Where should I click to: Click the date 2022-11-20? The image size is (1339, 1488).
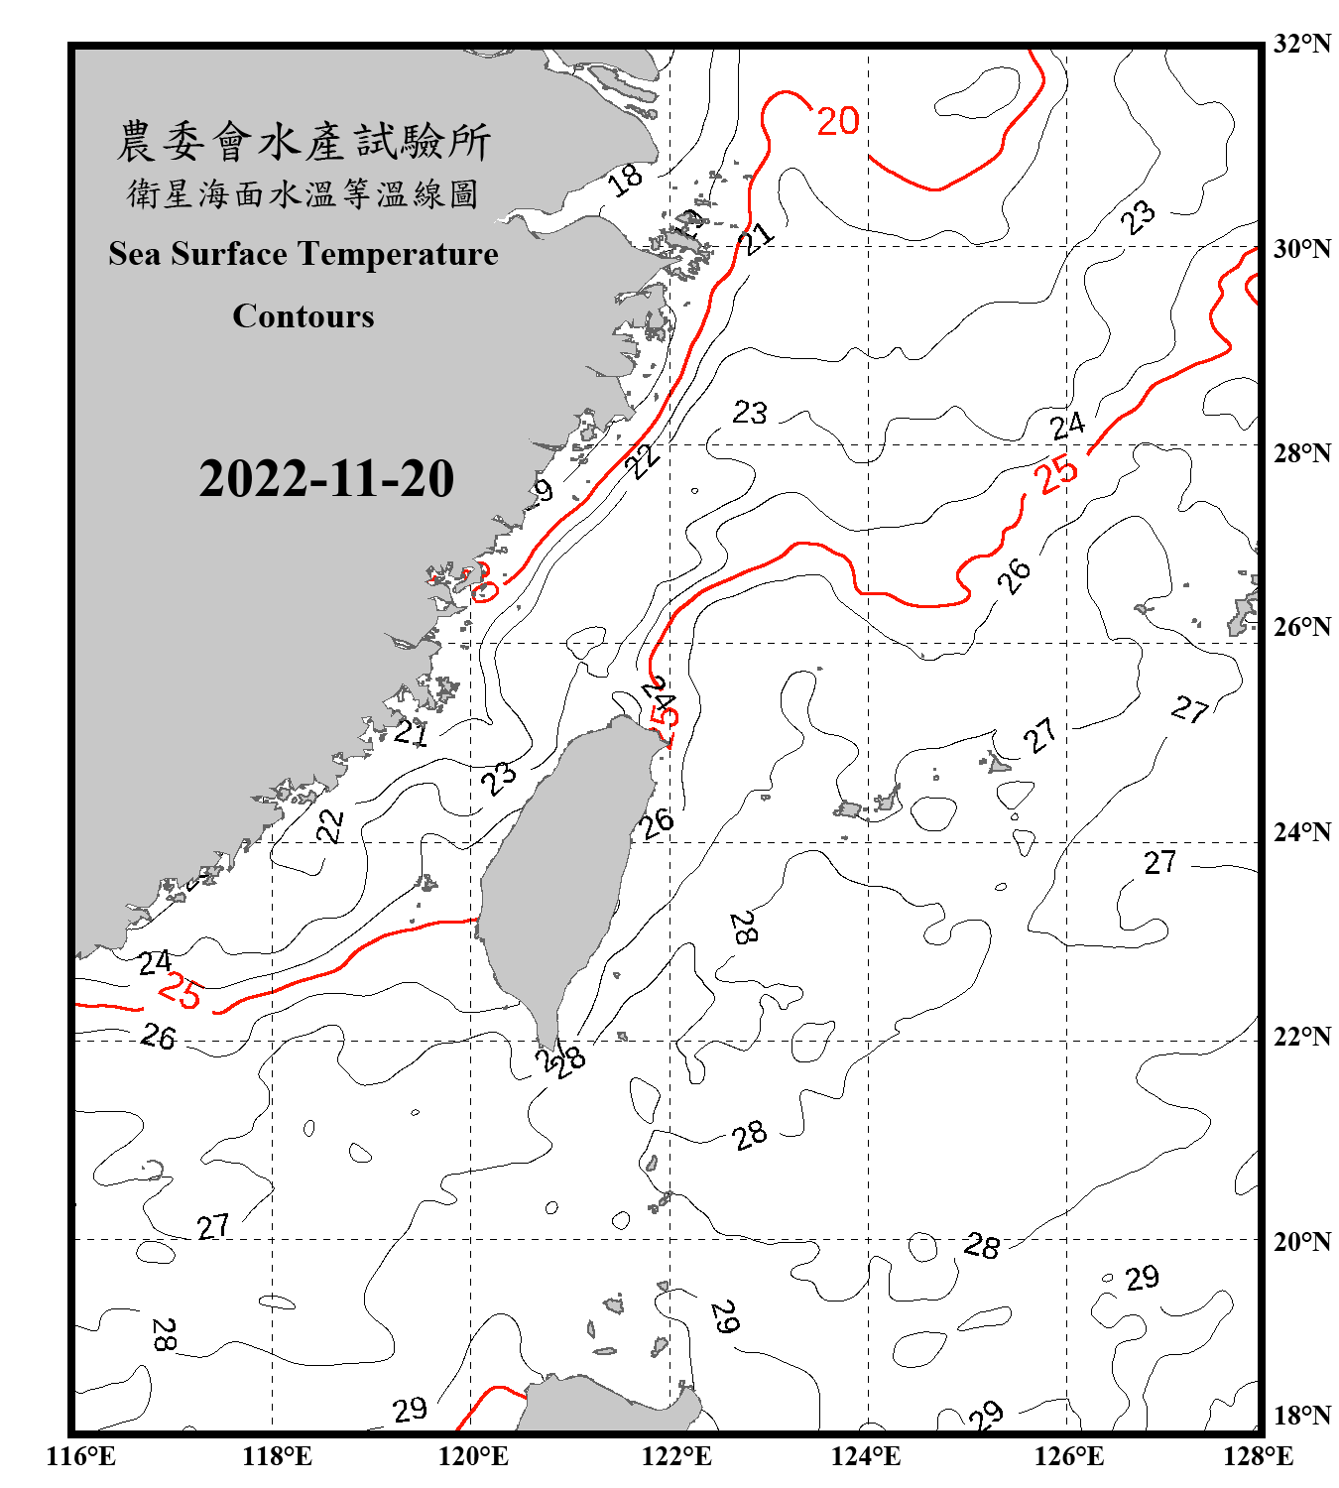326,478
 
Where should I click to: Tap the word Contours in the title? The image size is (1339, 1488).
304,315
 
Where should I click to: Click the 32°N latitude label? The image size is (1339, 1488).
1301,43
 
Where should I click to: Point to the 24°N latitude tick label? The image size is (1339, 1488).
1301,831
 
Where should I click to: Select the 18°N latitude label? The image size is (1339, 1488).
1301,1415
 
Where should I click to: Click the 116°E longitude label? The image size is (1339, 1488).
81,1456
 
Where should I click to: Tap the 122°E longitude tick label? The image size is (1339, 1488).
676,1456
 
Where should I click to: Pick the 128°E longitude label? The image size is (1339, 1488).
1258,1456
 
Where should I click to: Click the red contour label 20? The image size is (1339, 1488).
838,121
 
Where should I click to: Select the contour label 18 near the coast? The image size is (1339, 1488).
625,180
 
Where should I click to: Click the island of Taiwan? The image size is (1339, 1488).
560,873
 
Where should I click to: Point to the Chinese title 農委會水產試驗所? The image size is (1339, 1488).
304,141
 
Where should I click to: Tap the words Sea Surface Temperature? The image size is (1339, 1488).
304,254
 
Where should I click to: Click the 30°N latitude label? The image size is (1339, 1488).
1301,248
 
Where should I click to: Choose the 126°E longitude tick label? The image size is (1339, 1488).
1069,1456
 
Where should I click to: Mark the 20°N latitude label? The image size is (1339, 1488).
1301,1240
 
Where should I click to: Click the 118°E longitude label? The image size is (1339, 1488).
277,1456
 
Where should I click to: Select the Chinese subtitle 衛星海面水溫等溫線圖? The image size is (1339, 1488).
304,193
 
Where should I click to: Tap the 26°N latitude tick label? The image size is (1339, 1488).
1301,627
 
